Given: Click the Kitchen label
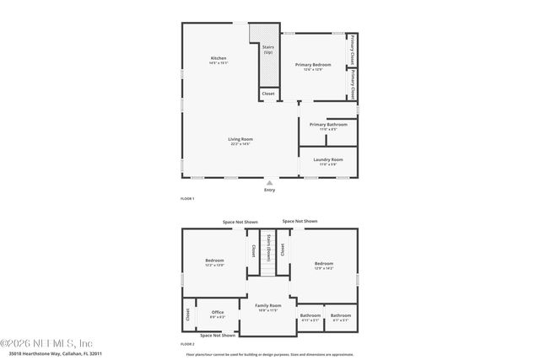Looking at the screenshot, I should click(x=219, y=58).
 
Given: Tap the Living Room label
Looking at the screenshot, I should click(x=240, y=139).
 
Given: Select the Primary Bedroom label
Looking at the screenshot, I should click(x=312, y=65).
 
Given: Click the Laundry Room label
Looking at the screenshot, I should click(x=327, y=159).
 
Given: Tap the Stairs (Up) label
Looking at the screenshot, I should click(x=268, y=50).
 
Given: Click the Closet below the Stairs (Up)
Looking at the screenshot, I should click(x=268, y=94).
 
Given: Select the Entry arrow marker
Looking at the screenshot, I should click(x=270, y=182).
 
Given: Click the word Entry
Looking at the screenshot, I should click(x=270, y=190).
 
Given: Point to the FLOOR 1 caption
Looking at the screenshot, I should click(x=187, y=198).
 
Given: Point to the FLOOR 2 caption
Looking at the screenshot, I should click(x=187, y=345).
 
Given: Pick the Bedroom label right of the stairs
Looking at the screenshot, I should click(x=324, y=263).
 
